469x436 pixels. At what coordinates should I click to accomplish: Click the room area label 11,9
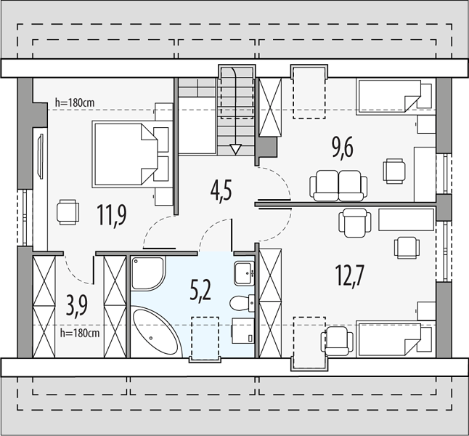point(112,215)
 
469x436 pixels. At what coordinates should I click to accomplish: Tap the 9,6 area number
point(343,148)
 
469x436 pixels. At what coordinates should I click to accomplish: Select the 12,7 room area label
point(350,275)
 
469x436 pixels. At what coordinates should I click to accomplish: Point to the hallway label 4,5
point(221,193)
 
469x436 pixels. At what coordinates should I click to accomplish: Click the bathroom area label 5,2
point(200,291)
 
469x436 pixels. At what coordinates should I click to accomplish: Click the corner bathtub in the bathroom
point(157,331)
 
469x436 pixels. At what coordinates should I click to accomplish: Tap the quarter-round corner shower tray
point(148,272)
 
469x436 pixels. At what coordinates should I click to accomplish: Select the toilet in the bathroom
point(242,303)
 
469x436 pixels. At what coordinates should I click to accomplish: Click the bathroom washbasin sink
point(244,273)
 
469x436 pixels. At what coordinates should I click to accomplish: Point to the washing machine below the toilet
point(243,331)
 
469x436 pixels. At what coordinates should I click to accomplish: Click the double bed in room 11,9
point(132,154)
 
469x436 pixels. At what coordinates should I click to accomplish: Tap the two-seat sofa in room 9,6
point(338,186)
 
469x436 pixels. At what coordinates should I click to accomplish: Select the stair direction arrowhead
point(236,149)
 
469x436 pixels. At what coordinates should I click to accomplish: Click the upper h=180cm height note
point(75,102)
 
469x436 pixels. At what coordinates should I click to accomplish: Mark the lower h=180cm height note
point(80,333)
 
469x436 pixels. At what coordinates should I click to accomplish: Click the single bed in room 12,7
point(396,339)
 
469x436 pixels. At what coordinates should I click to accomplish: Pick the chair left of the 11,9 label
point(68,212)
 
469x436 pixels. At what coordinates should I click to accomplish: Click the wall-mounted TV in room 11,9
point(40,156)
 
